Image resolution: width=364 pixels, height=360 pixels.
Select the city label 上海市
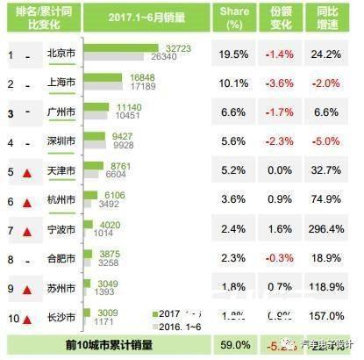click(x=60, y=83)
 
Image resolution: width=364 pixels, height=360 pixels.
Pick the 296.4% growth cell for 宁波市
click(x=327, y=229)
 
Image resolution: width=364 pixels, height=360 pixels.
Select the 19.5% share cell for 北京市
click(x=232, y=54)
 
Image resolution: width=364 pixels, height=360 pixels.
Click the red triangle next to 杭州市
click(x=27, y=201)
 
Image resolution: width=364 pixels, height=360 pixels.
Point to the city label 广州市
click(x=60, y=112)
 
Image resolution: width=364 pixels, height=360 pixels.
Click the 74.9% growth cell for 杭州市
click(x=327, y=200)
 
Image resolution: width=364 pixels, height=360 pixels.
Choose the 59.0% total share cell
click(x=232, y=346)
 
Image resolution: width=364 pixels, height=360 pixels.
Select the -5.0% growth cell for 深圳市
click(x=327, y=141)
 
